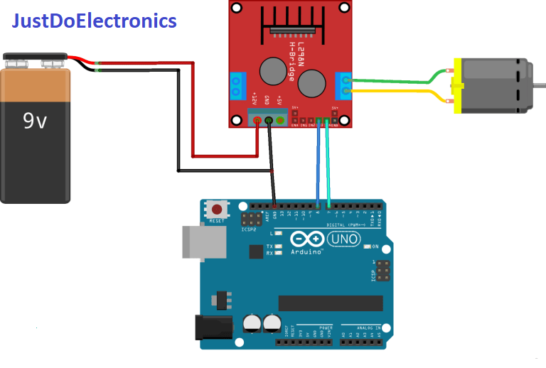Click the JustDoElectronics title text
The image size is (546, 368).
[x=94, y=21]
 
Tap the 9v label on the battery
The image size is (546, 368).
[x=35, y=121]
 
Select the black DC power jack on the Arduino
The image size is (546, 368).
[x=209, y=326]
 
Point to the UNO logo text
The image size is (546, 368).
[x=346, y=239]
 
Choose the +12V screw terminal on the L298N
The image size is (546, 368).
[x=257, y=120]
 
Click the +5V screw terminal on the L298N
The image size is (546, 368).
[x=280, y=120]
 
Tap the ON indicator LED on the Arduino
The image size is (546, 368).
[x=367, y=247]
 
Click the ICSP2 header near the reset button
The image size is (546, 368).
[x=250, y=220]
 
